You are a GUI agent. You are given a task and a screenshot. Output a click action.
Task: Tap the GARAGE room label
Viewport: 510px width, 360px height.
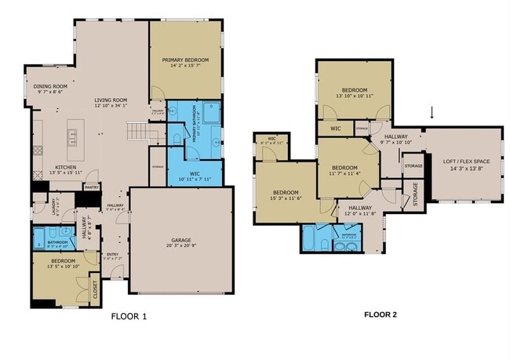(180, 240)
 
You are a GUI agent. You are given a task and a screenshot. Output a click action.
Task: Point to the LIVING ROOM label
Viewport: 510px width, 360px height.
(111, 100)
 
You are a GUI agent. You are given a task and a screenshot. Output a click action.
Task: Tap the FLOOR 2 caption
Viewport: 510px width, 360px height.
(381, 315)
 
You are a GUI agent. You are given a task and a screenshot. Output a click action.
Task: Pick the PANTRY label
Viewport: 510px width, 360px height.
(92, 187)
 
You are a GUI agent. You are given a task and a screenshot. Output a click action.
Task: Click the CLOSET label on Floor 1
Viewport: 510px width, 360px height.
(95, 289)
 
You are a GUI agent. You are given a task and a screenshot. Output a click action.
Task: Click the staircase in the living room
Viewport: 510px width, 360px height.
(138, 129)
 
